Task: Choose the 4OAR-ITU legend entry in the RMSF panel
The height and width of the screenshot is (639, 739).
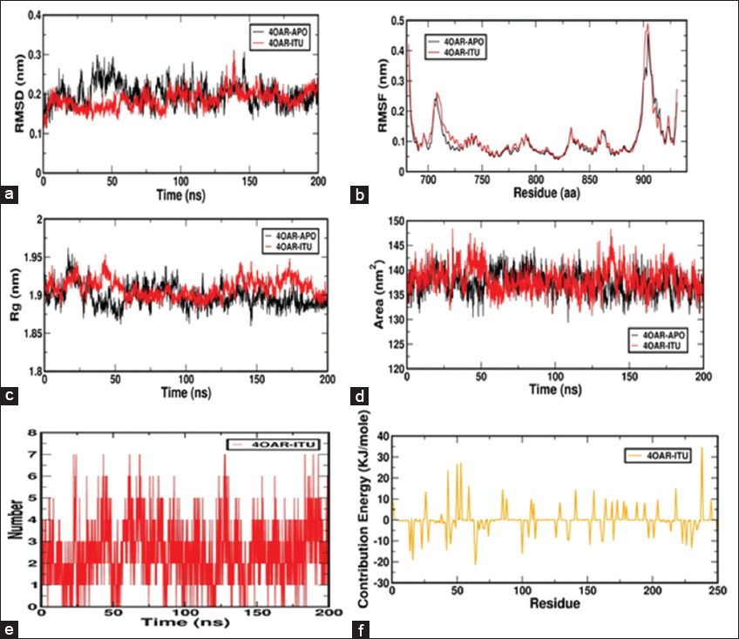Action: pos(463,52)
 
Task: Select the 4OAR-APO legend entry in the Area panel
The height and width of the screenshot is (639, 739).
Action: pos(663,334)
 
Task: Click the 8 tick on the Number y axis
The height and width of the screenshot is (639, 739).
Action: pos(31,433)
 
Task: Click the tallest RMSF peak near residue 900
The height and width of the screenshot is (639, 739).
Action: pos(647,24)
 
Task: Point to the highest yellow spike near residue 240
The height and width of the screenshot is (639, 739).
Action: pos(702,448)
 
